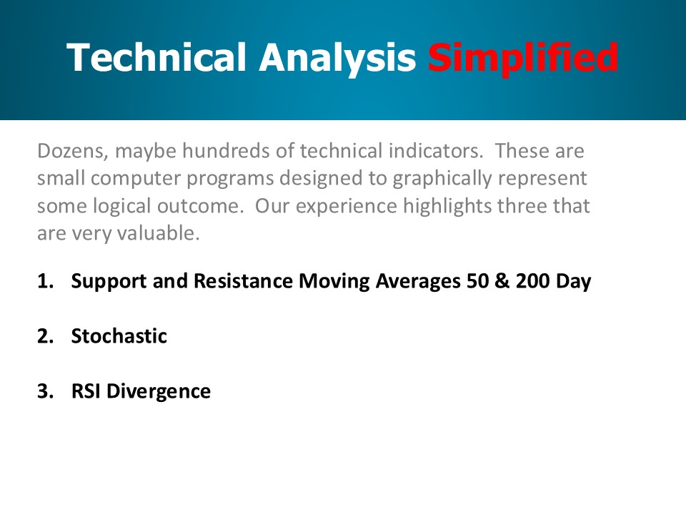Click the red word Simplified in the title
pyautogui.click(x=522, y=57)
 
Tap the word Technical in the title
pyautogui.click(x=156, y=57)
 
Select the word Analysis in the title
pyautogui.click(x=337, y=58)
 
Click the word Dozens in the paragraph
pyautogui.click(x=72, y=151)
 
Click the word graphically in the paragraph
pyautogui.click(x=442, y=179)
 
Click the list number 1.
pyautogui.click(x=46, y=281)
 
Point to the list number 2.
pyautogui.click(x=46, y=336)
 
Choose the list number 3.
pyautogui.click(x=46, y=391)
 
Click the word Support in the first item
pyautogui.click(x=109, y=282)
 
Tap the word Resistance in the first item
pyautogui.click(x=243, y=281)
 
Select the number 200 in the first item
pyautogui.click(x=532, y=281)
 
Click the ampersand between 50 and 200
pyautogui.click(x=502, y=281)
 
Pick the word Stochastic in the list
pyautogui.click(x=119, y=336)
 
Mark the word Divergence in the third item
pyautogui.click(x=159, y=392)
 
